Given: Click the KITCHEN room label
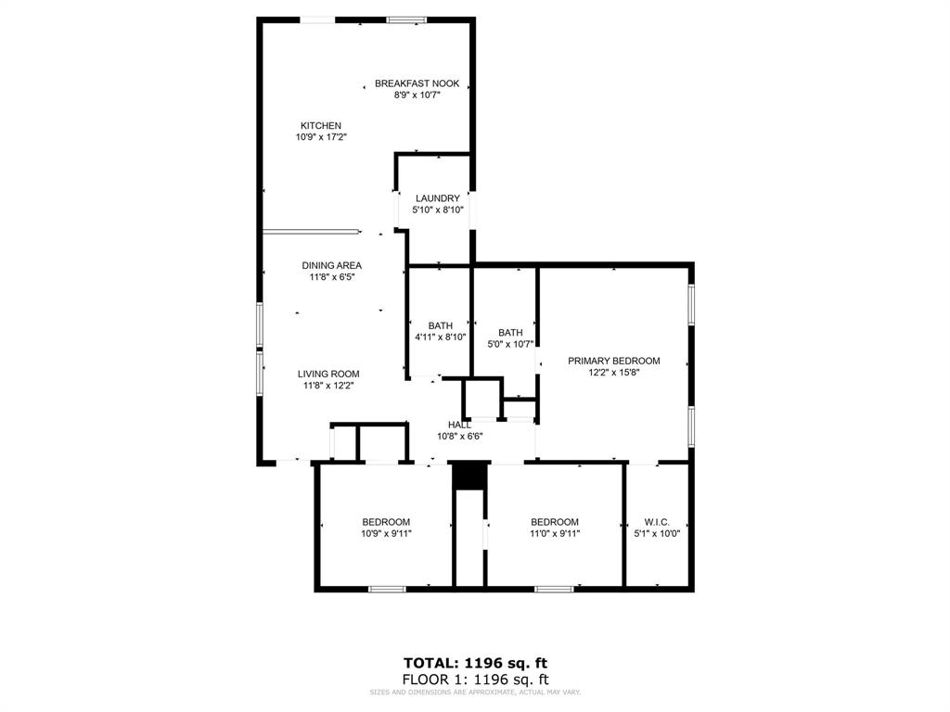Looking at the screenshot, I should [320, 126].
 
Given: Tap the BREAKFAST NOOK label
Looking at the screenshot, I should [417, 83].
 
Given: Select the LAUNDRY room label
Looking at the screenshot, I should [437, 198].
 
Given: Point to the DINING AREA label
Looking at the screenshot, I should [331, 266].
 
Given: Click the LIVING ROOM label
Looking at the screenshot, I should [328, 375].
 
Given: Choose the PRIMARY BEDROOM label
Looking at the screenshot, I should [613, 361].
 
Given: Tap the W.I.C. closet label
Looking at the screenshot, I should [656, 522].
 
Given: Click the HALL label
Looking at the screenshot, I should [459, 425].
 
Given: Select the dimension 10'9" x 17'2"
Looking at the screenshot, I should [321, 137].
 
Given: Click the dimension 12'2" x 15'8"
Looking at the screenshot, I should [613, 372].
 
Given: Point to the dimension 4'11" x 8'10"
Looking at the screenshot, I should [440, 337].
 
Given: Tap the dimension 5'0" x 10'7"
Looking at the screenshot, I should [510, 344].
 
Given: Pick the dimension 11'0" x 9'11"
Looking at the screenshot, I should [555, 533].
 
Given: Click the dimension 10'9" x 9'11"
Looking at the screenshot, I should [386, 533].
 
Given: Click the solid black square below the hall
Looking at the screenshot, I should [469, 475].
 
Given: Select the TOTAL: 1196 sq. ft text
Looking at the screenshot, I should [475, 663].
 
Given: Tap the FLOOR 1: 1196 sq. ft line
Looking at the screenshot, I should [475, 679].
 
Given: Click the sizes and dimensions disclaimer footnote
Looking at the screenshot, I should [475, 692].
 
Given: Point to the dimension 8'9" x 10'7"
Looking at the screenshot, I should [417, 95].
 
